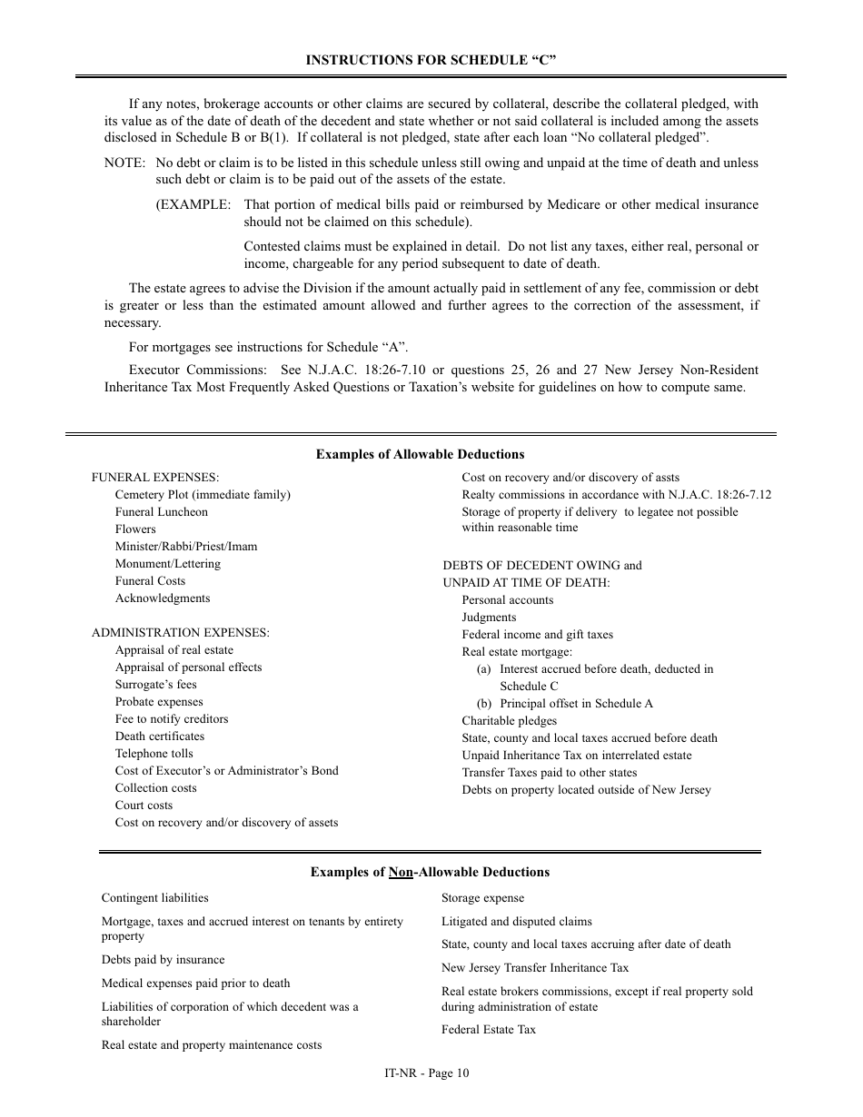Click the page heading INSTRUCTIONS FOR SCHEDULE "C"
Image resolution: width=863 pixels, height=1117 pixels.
coord(431,60)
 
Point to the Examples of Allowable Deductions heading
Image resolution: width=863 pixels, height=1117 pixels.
coord(420,454)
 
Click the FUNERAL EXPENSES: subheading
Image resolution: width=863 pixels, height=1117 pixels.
coord(155,478)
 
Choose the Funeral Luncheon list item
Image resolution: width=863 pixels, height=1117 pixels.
coord(161,512)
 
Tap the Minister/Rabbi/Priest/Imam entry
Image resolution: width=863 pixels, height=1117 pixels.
coord(185,547)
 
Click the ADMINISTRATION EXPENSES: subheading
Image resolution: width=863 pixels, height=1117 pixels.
coord(180,633)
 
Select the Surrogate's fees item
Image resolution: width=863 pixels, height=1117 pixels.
coord(155,685)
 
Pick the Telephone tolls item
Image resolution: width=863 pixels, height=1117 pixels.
coord(154,754)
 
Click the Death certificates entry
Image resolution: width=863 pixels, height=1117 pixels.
coord(159,736)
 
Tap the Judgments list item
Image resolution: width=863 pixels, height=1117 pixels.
coord(489,618)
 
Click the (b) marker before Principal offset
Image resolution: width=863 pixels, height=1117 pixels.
coord(484,704)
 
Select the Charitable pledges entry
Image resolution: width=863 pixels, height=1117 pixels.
coord(509,721)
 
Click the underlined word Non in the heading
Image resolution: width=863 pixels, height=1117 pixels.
coord(401,873)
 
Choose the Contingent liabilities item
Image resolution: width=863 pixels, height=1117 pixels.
coord(154,898)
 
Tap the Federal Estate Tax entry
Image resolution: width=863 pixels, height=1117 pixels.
coord(489,1030)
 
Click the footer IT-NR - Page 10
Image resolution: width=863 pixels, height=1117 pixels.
coord(427,1073)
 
